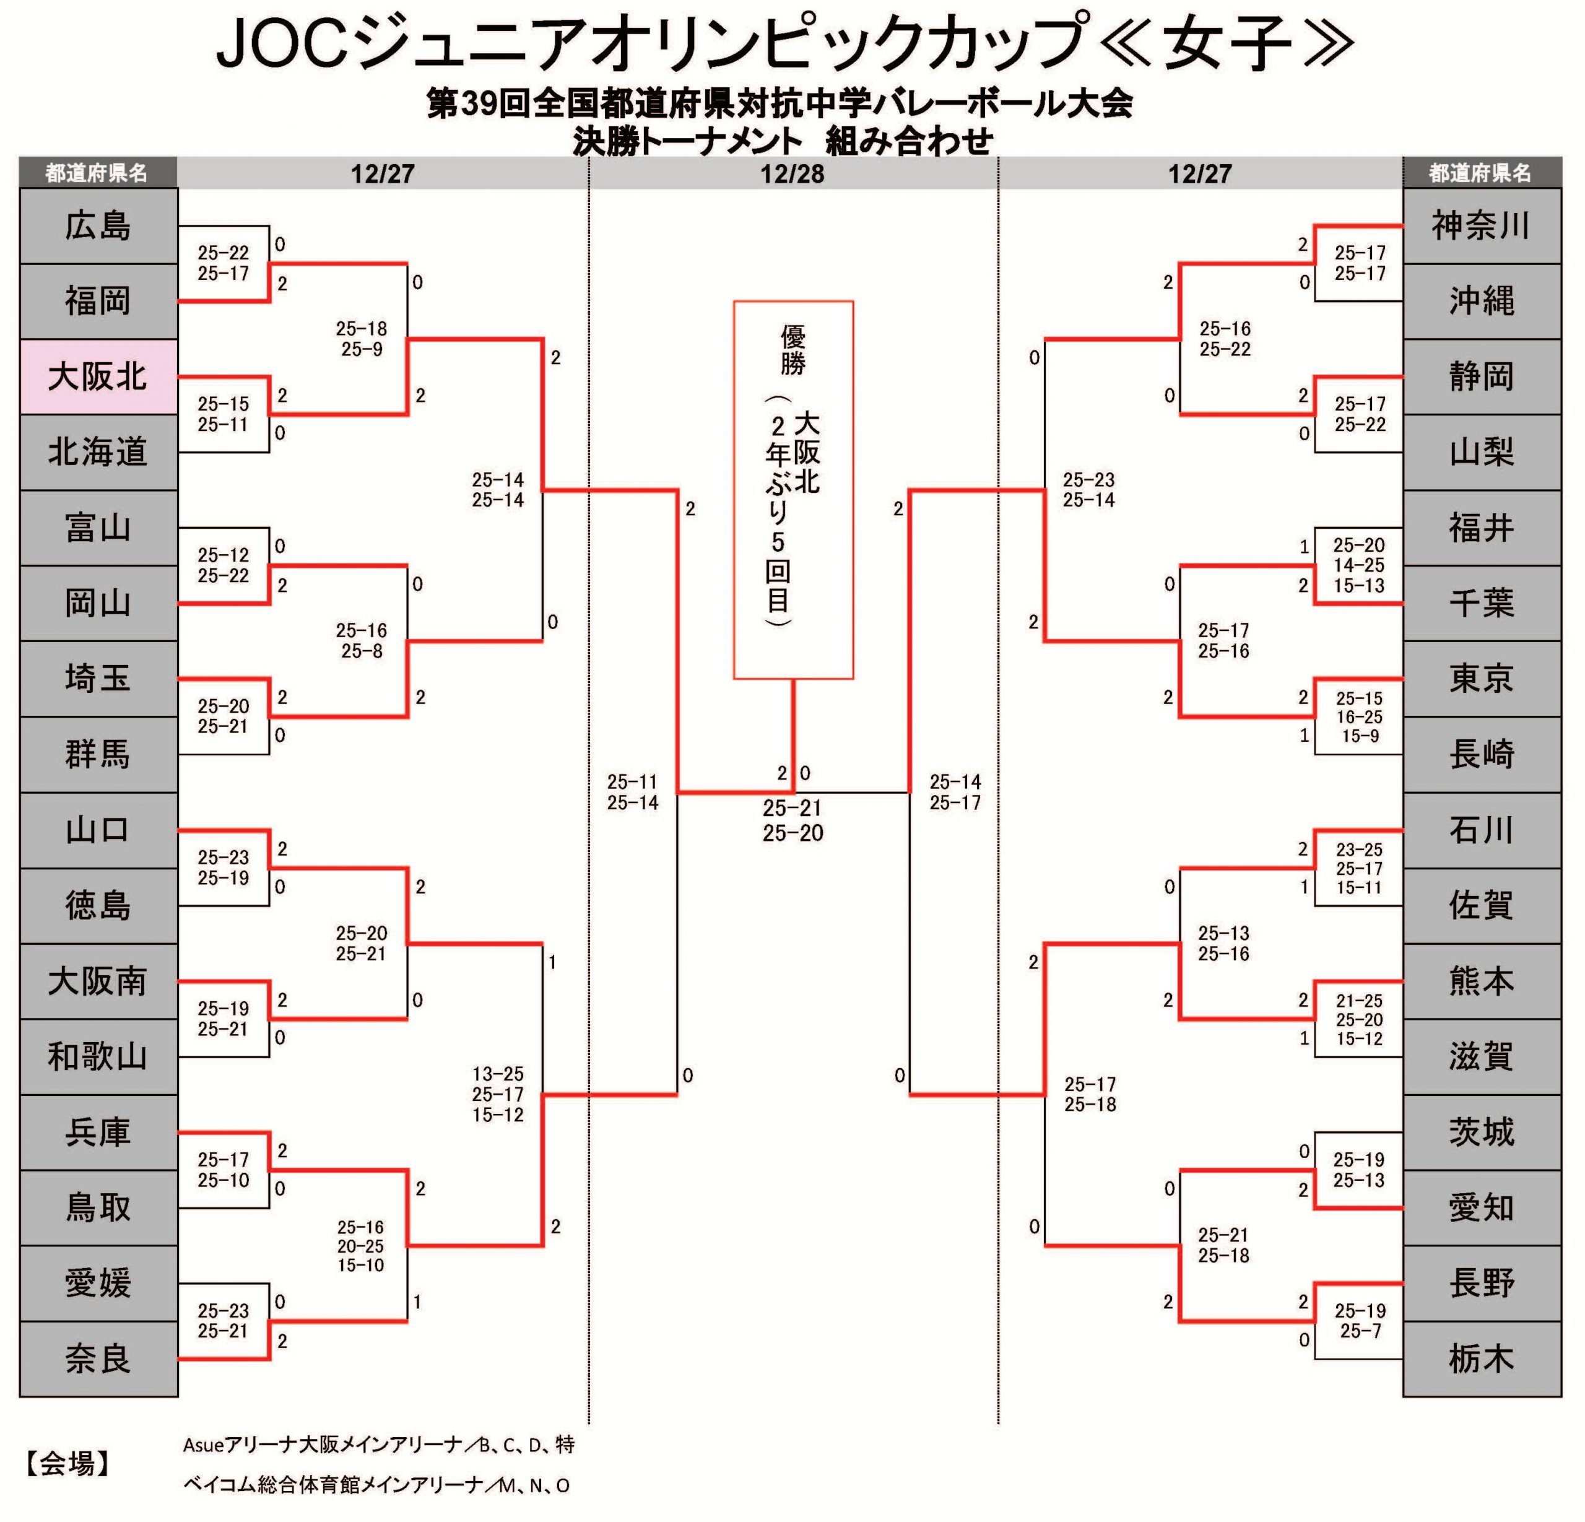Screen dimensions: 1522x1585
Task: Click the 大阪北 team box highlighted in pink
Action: pos(98,377)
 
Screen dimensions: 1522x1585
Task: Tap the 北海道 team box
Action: pos(98,452)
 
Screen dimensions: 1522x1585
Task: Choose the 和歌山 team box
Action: pos(98,1056)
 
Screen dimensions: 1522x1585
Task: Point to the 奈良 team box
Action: pos(98,1359)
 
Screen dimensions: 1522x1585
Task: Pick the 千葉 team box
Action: pos(1481,603)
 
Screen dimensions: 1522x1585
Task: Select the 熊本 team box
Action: pos(1481,981)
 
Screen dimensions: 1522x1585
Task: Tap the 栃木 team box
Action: pos(1481,1359)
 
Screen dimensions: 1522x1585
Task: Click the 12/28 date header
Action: pos(792,174)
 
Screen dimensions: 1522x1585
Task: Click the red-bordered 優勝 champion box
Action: pos(792,489)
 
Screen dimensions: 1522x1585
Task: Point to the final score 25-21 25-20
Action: pos(792,820)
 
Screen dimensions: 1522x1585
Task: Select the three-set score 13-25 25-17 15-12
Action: pos(498,1094)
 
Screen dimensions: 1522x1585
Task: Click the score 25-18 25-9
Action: pos(362,339)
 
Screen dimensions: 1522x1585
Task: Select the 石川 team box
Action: pos(1481,830)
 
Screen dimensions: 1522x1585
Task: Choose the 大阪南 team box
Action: pos(98,981)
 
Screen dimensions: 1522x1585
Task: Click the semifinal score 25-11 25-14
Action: pos(632,793)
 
